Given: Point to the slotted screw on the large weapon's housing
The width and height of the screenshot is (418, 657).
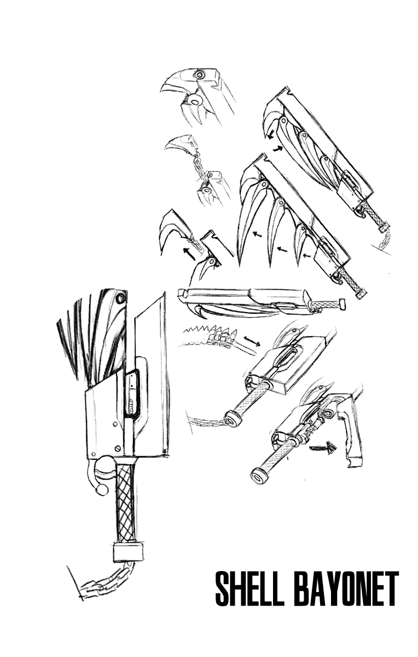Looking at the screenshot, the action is [x=118, y=448].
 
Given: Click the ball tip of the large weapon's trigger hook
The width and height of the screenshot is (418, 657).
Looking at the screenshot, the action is [x=101, y=490].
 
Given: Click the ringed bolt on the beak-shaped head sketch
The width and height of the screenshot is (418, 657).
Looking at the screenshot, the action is [x=200, y=74].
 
